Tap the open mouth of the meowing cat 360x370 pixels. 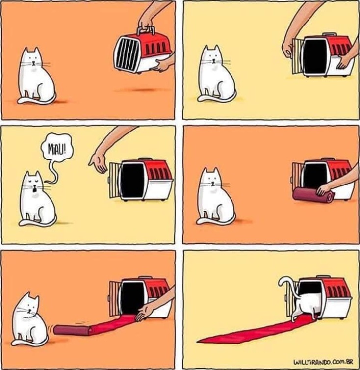coord(33,188)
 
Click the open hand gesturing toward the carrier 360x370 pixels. coord(99,161)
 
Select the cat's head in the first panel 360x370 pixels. coord(31,59)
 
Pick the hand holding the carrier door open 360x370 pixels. coord(288,46)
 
